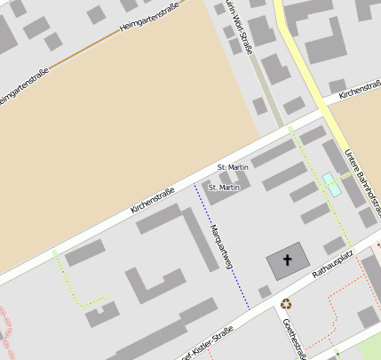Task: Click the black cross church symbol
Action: coord(288,261)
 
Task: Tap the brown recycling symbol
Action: coord(286,304)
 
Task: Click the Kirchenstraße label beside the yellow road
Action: coord(359,90)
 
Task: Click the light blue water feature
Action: coord(332,184)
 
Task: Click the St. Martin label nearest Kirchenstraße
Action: coord(233,167)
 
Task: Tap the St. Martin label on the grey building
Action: coord(224,188)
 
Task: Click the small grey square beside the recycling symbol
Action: coord(264,292)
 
